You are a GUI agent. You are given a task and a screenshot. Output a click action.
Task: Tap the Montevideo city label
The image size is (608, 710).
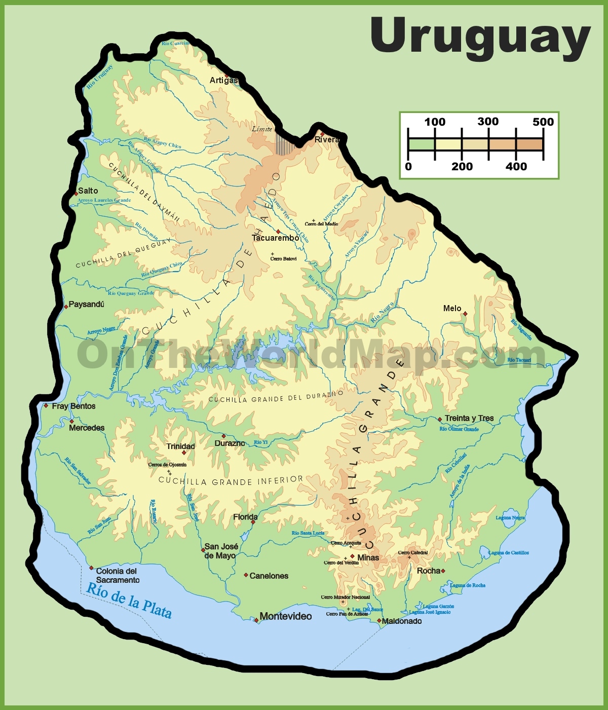click(285, 616)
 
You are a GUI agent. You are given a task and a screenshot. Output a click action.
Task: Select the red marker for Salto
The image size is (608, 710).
click(76, 194)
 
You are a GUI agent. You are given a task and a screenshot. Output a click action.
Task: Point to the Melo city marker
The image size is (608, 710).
click(465, 314)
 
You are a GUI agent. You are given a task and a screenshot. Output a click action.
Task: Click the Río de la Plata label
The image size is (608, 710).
click(129, 601)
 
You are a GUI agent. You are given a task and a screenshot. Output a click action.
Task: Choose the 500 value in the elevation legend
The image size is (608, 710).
click(543, 122)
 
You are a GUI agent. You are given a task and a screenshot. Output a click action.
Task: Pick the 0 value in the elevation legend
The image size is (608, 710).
click(408, 167)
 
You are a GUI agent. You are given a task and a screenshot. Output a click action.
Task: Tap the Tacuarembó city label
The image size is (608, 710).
click(275, 238)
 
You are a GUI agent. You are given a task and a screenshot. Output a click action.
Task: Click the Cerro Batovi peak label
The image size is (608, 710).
click(283, 259)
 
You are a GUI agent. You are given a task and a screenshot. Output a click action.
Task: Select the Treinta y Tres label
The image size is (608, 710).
click(469, 418)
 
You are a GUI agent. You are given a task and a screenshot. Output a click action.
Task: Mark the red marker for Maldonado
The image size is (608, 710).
click(379, 620)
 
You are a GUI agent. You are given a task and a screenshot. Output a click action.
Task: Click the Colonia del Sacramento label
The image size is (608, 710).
click(118, 575)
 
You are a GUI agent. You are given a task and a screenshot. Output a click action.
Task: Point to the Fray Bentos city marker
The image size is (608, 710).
click(46, 405)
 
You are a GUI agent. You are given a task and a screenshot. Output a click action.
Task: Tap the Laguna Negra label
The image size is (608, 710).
click(510, 518)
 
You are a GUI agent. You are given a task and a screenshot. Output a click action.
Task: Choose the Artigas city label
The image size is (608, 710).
click(223, 80)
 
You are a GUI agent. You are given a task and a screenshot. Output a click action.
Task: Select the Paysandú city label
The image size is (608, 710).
click(86, 304)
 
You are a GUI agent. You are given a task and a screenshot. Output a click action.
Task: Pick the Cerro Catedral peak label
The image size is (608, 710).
click(412, 552)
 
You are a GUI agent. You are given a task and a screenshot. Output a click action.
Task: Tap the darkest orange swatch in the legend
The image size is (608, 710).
click(529, 144)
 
